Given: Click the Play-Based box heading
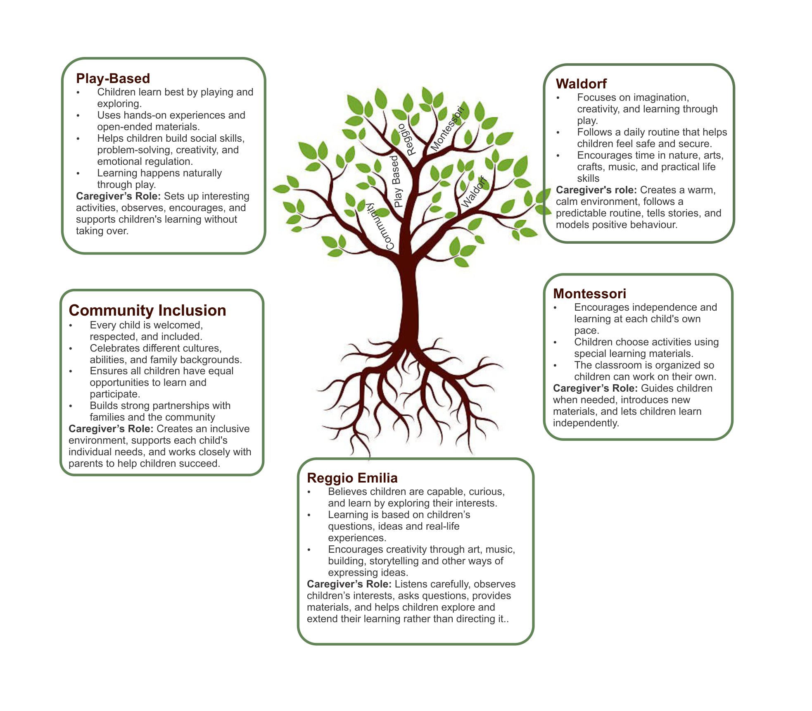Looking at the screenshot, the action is click(113, 78).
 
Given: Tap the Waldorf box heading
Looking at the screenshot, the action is click(581, 84).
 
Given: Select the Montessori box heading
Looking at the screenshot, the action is click(589, 294).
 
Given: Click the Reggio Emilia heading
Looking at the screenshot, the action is click(352, 478).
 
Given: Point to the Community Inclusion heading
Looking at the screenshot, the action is click(147, 310).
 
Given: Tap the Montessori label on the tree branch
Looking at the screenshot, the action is click(448, 128).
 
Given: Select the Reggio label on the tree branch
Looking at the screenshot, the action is click(406, 139).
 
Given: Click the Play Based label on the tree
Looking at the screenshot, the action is click(396, 181).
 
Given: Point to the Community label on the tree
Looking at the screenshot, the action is click(380, 226).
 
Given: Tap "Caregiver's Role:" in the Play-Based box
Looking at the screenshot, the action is click(118, 196).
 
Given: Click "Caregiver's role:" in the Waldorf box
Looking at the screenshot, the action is click(596, 190).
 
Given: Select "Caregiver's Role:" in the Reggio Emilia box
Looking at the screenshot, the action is click(349, 584).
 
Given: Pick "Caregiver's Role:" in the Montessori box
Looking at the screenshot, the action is click(595, 388).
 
